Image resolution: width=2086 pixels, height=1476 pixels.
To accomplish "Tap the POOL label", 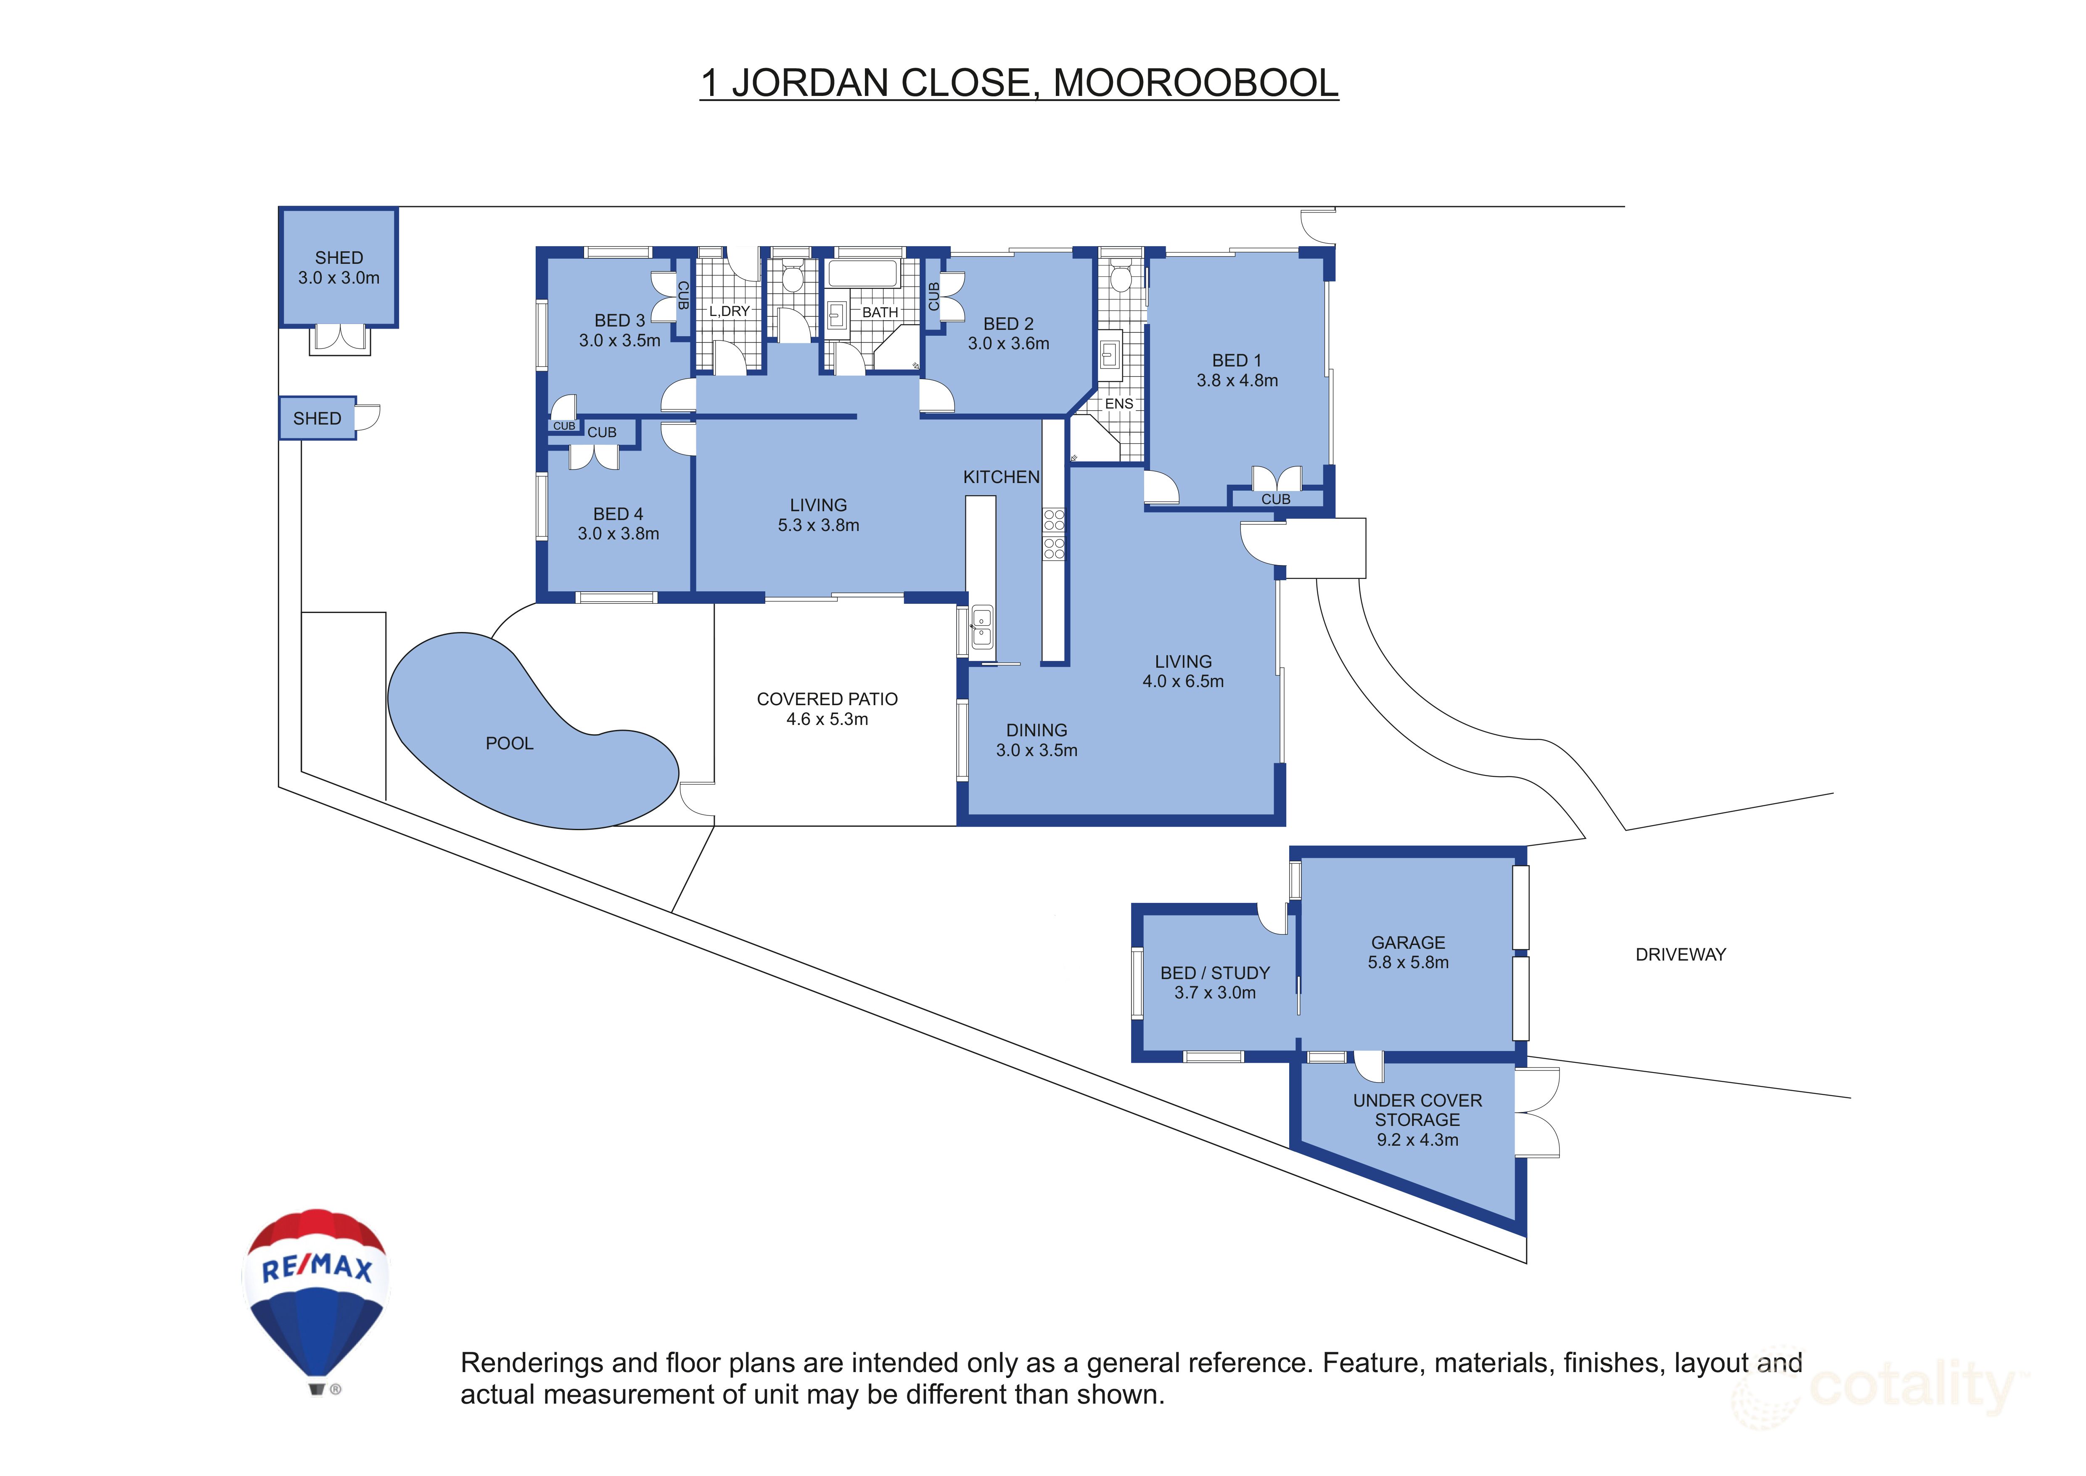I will coord(509,743).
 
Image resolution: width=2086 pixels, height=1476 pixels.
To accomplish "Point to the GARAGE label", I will coord(1407,942).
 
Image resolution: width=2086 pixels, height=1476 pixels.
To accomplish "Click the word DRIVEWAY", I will coord(1680,954).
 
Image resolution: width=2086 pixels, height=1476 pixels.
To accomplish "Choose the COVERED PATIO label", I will coord(827,699).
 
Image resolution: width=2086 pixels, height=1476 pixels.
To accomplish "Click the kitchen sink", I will coord(981,627).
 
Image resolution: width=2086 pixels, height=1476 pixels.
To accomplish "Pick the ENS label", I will coord(1118,404).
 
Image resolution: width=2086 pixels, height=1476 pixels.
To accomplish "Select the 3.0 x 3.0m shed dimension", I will coord(339,278).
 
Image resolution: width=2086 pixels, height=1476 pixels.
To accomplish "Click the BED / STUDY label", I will coord(1215,972).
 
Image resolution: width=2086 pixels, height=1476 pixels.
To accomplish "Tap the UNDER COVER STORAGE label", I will coord(1417,1110).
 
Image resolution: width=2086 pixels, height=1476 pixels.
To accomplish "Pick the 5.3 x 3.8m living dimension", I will coord(818,526).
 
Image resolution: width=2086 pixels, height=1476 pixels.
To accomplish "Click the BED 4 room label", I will coord(618,515).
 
